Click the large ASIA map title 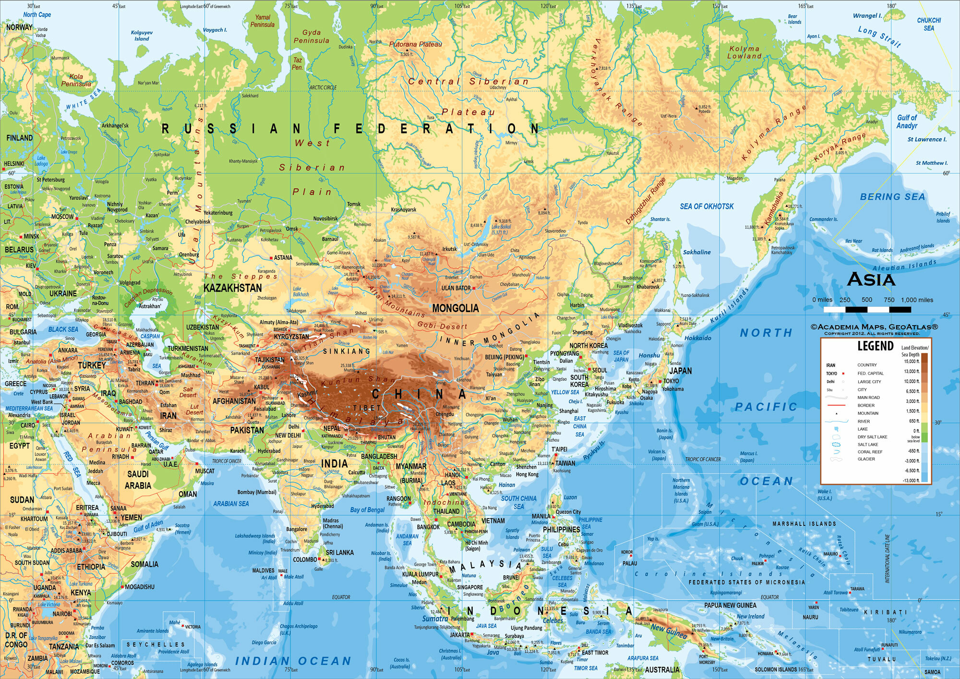[871, 279]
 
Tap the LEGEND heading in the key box [875, 346]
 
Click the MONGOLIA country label [455, 308]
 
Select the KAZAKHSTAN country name [233, 288]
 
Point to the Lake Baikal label [501, 229]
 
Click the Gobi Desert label [442, 326]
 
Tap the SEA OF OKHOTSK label [707, 206]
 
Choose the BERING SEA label [892, 196]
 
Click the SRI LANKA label [339, 553]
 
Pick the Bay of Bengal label [367, 510]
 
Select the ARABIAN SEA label [231, 504]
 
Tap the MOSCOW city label [62, 217]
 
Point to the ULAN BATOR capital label [456, 288]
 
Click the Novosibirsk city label [325, 218]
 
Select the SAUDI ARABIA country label [138, 480]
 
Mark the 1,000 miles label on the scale [917, 300]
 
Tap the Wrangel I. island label [867, 16]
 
